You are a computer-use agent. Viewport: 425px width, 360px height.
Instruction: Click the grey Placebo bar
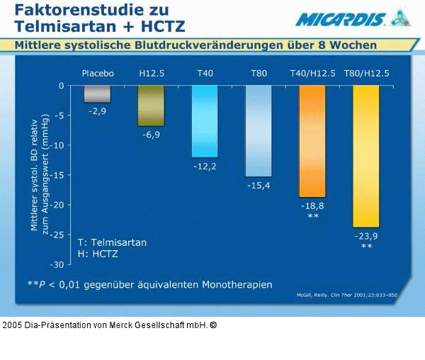pyautogui.click(x=97, y=94)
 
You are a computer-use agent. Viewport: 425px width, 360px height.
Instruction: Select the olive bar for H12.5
pyautogui.click(x=151, y=106)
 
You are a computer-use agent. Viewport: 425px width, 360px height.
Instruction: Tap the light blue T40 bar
pyautogui.click(x=205, y=121)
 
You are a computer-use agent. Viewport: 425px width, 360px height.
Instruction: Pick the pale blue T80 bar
pyautogui.click(x=259, y=131)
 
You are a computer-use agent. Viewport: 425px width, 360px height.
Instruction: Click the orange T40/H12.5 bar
pyautogui.click(x=312, y=141)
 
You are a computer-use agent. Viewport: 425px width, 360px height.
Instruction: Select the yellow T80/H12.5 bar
pyautogui.click(x=366, y=156)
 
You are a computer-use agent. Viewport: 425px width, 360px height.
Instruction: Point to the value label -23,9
pyautogui.click(x=366, y=236)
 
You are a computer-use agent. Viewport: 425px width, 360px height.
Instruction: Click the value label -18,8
pyautogui.click(x=312, y=206)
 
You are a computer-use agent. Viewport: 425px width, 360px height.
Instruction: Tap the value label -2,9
pyautogui.click(x=97, y=111)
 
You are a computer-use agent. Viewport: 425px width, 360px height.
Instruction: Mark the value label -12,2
pyautogui.click(x=205, y=166)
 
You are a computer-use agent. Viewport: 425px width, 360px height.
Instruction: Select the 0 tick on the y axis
pyautogui.click(x=61, y=86)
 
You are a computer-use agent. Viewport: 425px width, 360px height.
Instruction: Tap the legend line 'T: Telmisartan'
pyautogui.click(x=112, y=242)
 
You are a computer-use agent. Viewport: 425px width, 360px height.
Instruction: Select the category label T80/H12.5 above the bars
pyautogui.click(x=366, y=73)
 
